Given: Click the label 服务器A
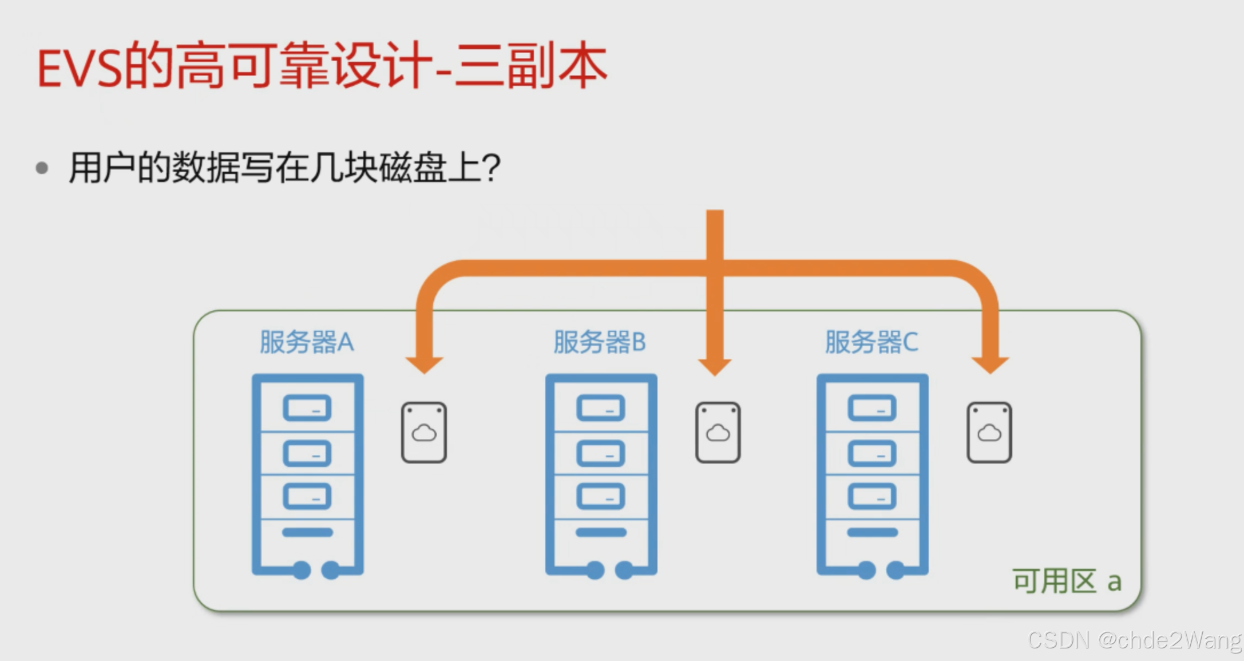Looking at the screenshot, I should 307,342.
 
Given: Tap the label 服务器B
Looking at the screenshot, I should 599,342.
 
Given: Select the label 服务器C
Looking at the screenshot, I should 871,342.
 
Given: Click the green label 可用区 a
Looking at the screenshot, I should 1067,581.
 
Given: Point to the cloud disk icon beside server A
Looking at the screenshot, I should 423,432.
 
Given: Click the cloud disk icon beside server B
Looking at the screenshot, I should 718,432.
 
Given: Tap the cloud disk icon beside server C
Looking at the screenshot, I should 989,432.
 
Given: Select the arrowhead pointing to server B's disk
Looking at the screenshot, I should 715,366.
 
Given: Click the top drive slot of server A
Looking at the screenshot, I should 307,408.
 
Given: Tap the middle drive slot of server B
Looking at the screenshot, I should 600,453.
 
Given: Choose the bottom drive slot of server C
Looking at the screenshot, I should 872,496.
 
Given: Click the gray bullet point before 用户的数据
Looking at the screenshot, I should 42,168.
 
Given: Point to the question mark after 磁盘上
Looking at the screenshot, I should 491,168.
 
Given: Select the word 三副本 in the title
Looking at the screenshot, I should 530,68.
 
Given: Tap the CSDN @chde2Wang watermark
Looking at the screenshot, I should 1134,640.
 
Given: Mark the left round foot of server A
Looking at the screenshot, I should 302,570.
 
